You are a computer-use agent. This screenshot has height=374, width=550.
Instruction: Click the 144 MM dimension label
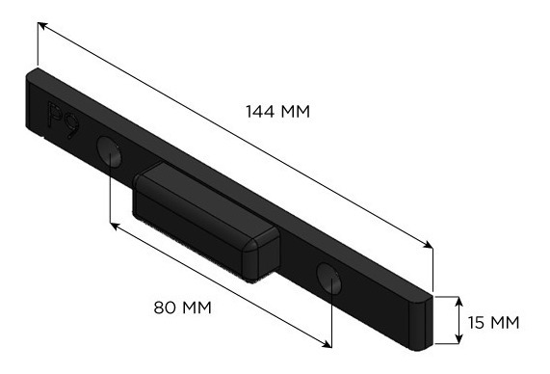pyautogui.click(x=277, y=112)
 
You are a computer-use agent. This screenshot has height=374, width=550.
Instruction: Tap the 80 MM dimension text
pyautogui.click(x=183, y=307)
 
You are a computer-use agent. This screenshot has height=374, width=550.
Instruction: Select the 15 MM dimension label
pyautogui.click(x=493, y=322)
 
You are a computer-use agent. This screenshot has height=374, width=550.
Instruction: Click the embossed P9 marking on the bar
pyautogui.click(x=64, y=120)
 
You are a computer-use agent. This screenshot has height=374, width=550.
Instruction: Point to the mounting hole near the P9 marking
pyautogui.click(x=109, y=151)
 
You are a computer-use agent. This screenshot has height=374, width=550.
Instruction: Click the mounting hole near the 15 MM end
pyautogui.click(x=329, y=279)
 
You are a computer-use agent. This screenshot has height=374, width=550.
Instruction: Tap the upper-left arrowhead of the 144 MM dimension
pyautogui.click(x=41, y=25)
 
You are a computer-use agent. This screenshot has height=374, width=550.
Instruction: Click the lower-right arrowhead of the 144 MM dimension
pyautogui.click(x=429, y=245)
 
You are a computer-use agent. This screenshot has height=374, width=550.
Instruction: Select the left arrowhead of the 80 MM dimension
pyautogui.click(x=114, y=226)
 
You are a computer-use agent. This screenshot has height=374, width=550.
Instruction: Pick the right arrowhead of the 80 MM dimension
pyautogui.click(x=327, y=344)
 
